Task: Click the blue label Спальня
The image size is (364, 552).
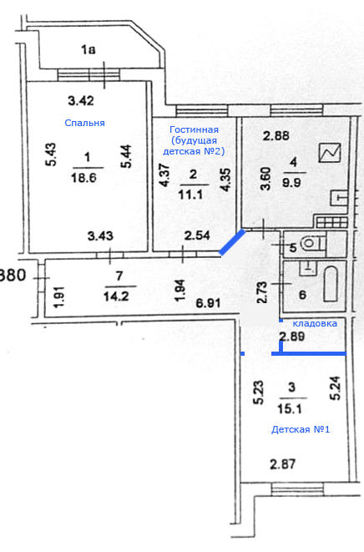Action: pos(84,123)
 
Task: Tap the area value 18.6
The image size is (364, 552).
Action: pos(83,177)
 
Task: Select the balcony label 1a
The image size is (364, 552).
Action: pos(88,49)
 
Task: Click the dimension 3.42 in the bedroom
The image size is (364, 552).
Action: pos(81,101)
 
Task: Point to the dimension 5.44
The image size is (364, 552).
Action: pos(126,156)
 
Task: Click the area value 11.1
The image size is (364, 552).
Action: pos(190,195)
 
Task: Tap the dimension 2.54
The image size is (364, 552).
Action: pos(197,235)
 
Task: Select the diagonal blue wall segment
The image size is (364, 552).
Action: pos(231,242)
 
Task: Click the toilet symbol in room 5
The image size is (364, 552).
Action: pos(312,243)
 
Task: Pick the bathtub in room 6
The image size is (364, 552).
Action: pos(331,284)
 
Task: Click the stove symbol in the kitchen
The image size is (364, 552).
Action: pos(331,222)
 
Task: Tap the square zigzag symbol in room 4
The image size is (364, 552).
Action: pos(330,153)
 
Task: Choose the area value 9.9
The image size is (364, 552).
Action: pos(293,183)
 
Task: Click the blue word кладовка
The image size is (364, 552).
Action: pos(315,323)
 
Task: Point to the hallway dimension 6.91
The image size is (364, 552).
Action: pos(209,303)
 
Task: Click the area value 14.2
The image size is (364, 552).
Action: pos(116,296)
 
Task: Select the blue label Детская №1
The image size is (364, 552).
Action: pos(301,429)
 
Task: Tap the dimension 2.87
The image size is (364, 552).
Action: pos(283,464)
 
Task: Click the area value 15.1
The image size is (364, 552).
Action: pos(291,409)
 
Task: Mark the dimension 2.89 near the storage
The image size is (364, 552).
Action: pos(292,337)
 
